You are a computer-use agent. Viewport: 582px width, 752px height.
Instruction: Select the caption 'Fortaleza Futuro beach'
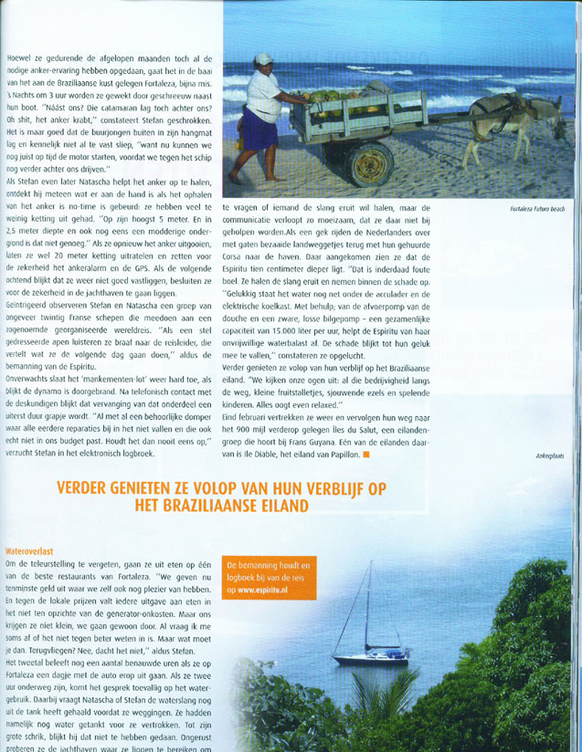click(538, 208)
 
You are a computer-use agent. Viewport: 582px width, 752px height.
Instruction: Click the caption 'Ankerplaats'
click(550, 455)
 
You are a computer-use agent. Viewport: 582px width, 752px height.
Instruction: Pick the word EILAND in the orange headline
click(280, 505)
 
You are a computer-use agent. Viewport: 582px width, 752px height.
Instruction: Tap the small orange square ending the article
click(365, 453)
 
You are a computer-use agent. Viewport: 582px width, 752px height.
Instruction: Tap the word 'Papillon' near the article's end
click(340, 453)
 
